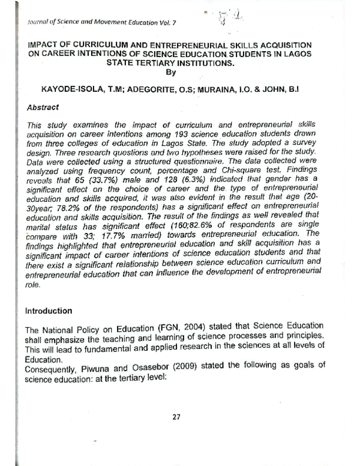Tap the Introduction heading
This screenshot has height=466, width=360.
[48, 311]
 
